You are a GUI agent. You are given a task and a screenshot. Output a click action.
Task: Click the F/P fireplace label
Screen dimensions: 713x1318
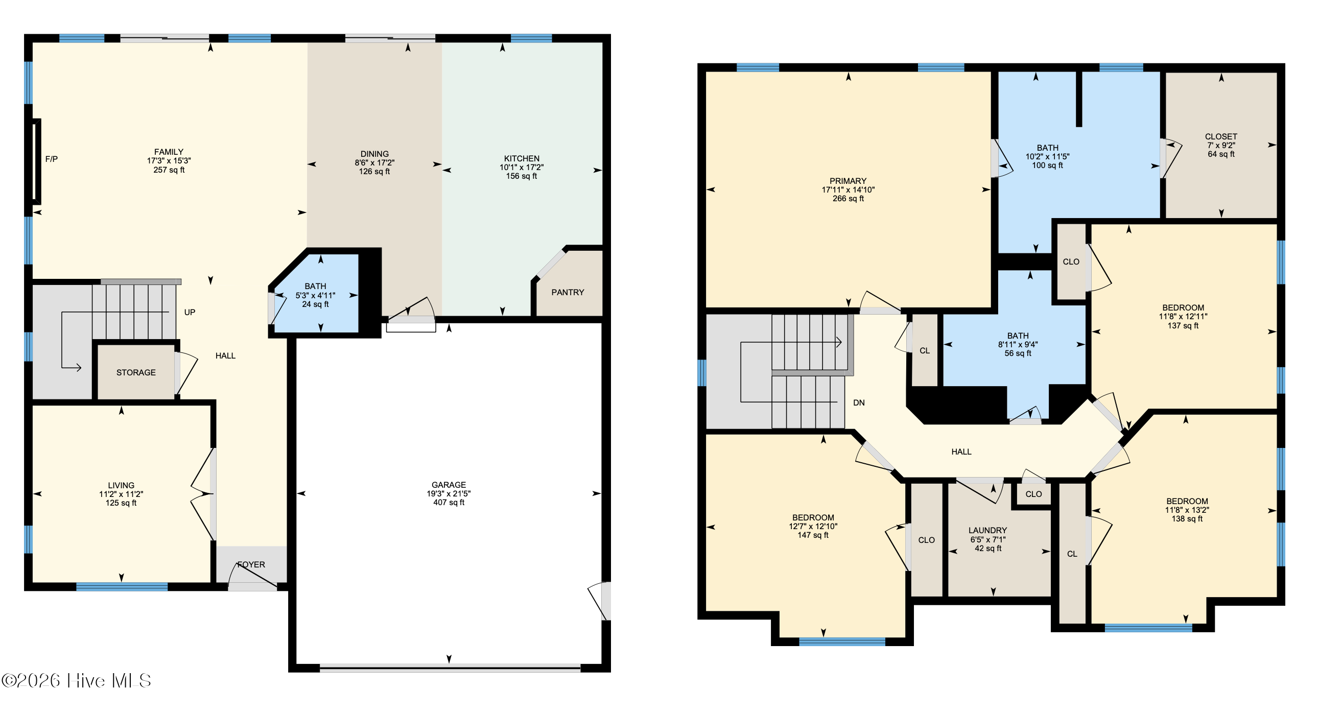pos(51,159)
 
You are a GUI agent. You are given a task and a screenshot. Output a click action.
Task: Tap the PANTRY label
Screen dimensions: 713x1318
pos(568,293)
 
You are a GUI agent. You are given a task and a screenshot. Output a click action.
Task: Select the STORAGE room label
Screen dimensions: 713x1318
pos(135,372)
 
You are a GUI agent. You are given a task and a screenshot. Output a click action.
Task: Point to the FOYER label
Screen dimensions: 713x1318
pos(251,565)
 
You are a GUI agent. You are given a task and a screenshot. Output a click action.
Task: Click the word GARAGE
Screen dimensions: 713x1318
pos(449,485)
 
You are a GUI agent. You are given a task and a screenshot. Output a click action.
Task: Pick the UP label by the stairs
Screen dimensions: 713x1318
pos(190,313)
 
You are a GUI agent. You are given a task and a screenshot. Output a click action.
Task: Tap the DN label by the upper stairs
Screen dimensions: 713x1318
pos(859,403)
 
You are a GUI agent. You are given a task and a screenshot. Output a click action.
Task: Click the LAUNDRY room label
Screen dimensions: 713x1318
pos(987,530)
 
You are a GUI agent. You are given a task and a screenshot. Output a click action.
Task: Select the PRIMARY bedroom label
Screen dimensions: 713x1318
pos(848,181)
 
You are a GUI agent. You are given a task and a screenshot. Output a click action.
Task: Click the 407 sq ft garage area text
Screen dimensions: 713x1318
pos(449,503)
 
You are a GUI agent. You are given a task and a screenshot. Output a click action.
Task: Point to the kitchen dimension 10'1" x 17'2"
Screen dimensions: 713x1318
pos(522,167)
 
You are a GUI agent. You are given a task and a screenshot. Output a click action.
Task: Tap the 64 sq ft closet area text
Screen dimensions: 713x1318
pos(1221,154)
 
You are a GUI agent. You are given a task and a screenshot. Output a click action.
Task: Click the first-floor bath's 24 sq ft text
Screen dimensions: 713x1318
pos(315,304)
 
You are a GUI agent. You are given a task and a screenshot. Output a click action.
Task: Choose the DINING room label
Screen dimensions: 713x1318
pos(374,154)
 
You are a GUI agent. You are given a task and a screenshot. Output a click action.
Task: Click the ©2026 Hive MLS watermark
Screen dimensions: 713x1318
pos(77,681)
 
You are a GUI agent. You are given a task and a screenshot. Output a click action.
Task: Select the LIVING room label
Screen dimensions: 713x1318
pos(121,485)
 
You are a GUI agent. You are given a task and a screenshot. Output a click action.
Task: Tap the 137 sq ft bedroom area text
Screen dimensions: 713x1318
pos(1183,325)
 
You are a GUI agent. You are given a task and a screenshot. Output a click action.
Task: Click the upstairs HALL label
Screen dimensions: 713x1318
pos(961,451)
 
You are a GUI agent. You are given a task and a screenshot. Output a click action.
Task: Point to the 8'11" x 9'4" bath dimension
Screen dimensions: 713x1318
pos(1018,345)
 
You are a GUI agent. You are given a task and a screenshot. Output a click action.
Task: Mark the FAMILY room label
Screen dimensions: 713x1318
pos(169,152)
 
